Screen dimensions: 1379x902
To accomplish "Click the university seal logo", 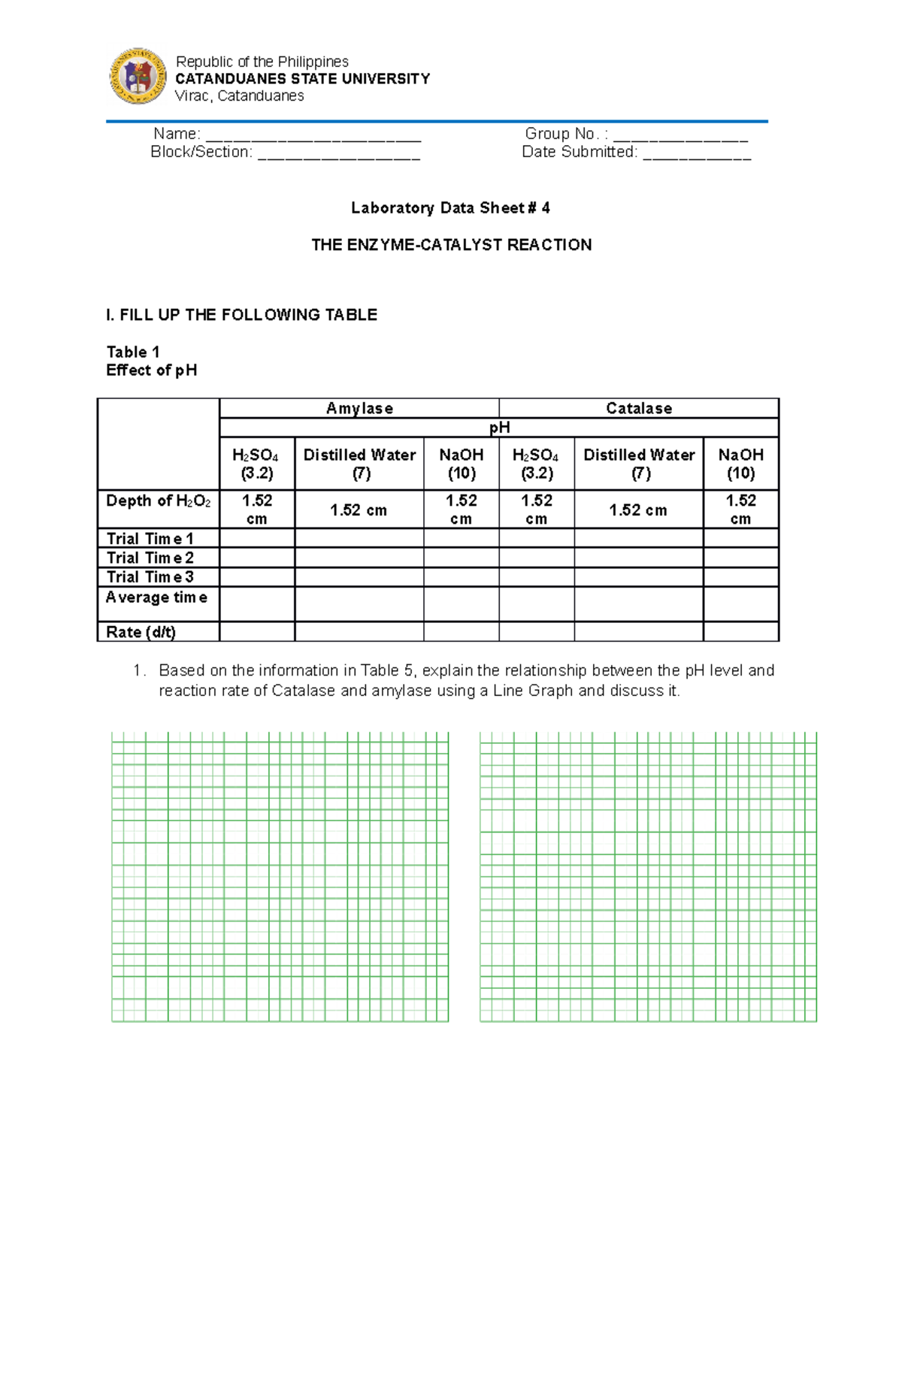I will [x=138, y=76].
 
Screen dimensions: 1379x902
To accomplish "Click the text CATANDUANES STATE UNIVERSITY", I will [x=302, y=79].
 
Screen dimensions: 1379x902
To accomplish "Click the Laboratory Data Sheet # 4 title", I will [x=450, y=208].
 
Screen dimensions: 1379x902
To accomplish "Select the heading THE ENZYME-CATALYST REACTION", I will [x=451, y=245].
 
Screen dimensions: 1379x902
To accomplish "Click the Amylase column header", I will [x=359, y=408].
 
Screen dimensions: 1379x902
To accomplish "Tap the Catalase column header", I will [x=639, y=408].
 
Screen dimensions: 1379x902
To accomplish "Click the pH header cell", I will [x=499, y=428].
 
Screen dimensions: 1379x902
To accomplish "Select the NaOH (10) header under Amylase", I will [x=461, y=464].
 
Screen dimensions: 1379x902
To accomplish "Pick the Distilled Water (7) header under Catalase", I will [x=639, y=464].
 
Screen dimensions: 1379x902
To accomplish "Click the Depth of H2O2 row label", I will [x=158, y=501].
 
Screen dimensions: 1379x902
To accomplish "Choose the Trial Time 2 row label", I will [x=150, y=558].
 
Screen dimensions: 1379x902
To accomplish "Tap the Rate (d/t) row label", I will [x=141, y=632].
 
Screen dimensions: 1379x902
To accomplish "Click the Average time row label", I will [x=156, y=597].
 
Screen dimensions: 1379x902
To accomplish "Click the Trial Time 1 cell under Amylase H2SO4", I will [x=257, y=538].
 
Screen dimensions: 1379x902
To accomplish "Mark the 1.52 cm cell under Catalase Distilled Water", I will [x=638, y=510].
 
